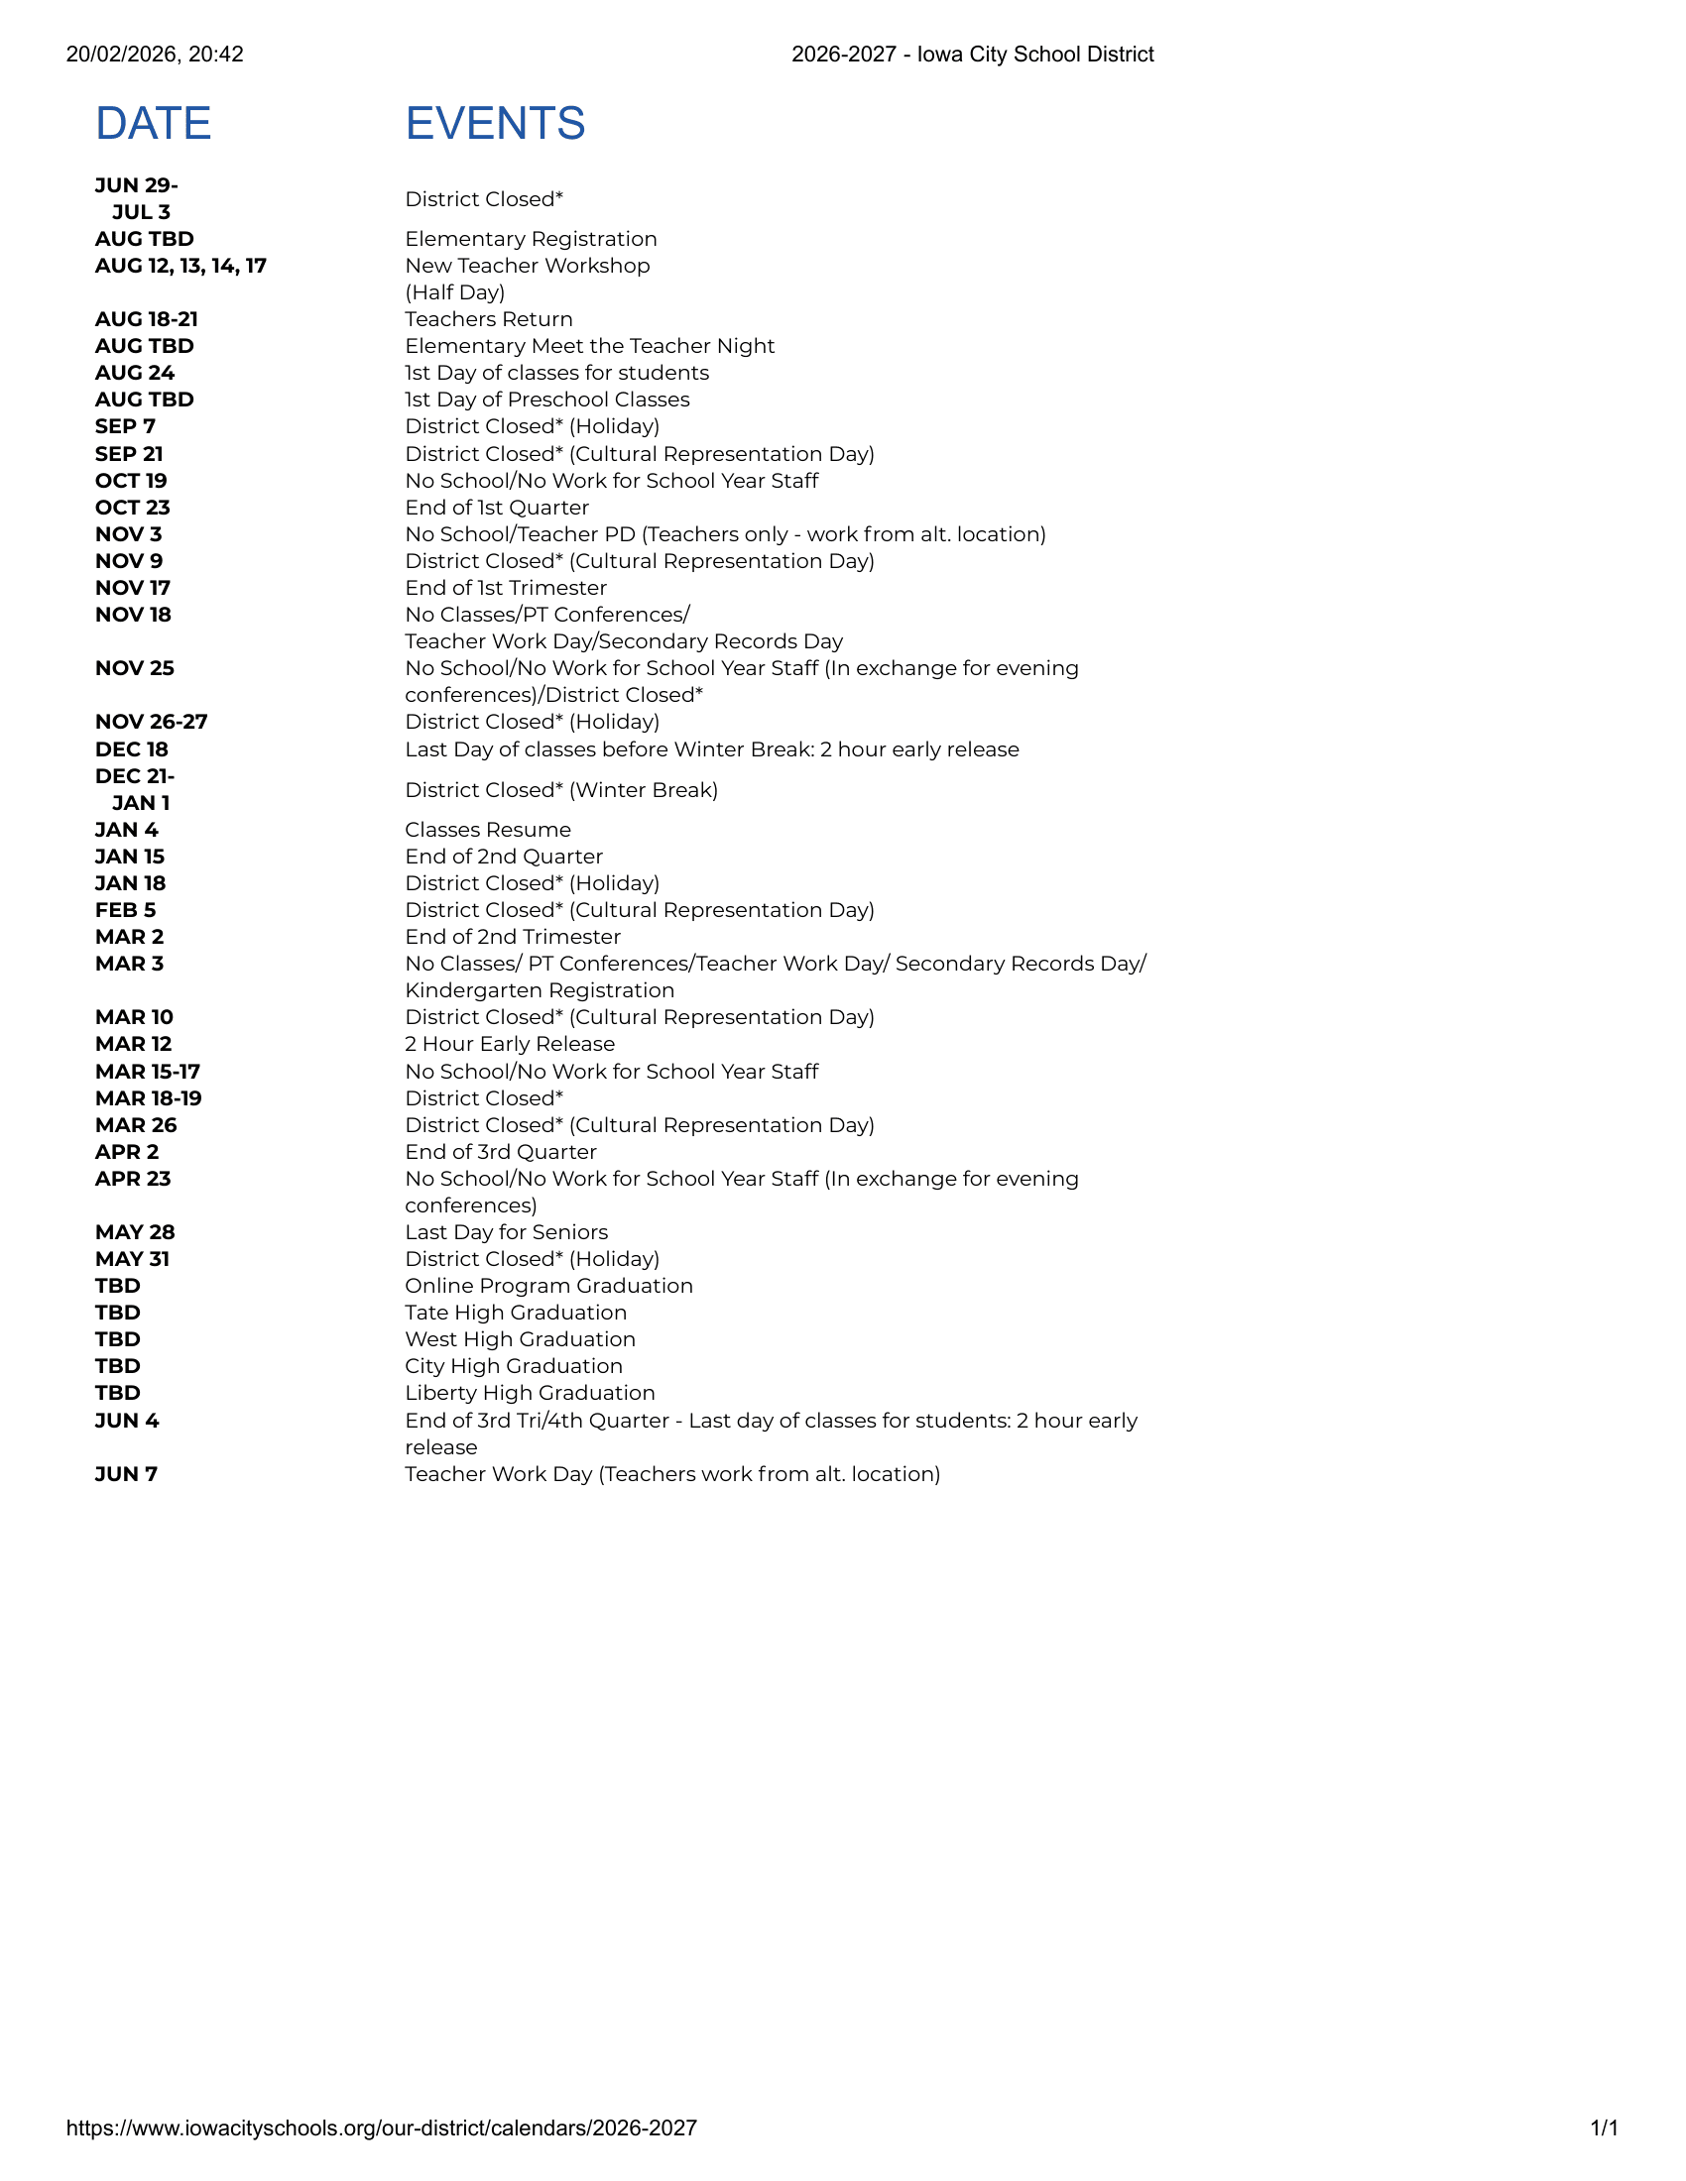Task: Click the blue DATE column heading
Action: pyautogui.click(x=153, y=124)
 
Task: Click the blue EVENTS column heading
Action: pyautogui.click(x=495, y=124)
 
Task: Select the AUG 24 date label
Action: pyautogui.click(x=135, y=373)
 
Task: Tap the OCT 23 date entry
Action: pyautogui.click(x=133, y=508)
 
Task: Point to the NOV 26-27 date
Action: pyautogui.click(x=151, y=721)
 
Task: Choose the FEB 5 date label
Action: pyautogui.click(x=126, y=910)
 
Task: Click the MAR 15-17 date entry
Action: pyautogui.click(x=148, y=1072)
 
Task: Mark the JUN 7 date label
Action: pyautogui.click(x=126, y=1474)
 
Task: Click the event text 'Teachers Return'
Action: pyautogui.click(x=488, y=319)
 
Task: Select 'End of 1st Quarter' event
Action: pyautogui.click(x=497, y=508)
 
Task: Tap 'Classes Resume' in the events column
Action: pyautogui.click(x=487, y=830)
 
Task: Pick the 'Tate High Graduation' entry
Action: pyautogui.click(x=516, y=1313)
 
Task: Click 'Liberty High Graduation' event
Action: pyautogui.click(x=530, y=1393)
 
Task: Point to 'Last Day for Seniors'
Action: pyautogui.click(x=507, y=1232)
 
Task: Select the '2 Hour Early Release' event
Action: pyautogui.click(x=510, y=1044)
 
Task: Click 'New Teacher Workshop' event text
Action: pyautogui.click(x=528, y=266)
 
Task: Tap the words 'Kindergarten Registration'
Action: pyautogui.click(x=540, y=989)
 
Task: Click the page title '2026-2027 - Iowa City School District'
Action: pyautogui.click(x=972, y=54)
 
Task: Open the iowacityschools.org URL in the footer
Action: pyautogui.click(x=382, y=2128)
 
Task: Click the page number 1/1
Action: pyautogui.click(x=1603, y=2128)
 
